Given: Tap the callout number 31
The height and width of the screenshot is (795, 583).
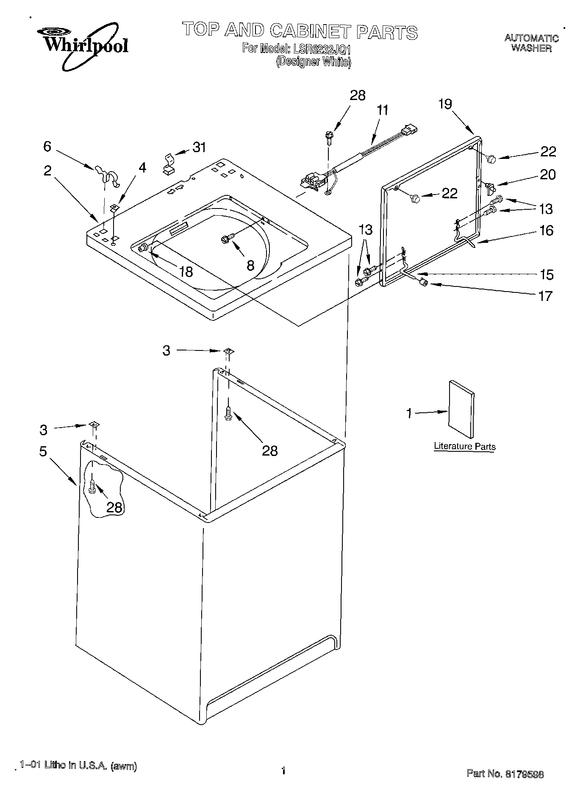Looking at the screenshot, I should [x=199, y=147].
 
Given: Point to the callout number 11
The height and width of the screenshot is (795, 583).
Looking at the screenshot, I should [x=382, y=111].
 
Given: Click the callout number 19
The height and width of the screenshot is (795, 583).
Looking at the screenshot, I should [x=445, y=104].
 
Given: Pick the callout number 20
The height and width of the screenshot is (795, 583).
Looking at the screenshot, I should [x=547, y=175].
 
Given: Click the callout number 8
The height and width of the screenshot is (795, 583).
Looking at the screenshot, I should [x=250, y=266].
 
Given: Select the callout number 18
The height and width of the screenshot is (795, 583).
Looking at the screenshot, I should [x=186, y=272].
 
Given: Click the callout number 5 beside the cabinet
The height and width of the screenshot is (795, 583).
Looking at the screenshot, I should [x=43, y=452].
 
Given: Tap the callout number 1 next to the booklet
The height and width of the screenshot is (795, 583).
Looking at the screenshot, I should [x=409, y=413].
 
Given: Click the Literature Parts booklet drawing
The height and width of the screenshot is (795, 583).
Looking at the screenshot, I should [x=461, y=409].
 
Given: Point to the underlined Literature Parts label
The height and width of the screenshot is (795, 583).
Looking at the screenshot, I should [x=464, y=447].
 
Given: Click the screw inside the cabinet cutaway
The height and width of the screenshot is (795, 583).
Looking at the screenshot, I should [x=92, y=487].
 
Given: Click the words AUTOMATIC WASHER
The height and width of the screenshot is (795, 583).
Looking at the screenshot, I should [x=531, y=43].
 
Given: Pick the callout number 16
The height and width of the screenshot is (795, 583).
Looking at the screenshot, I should [x=547, y=231].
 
